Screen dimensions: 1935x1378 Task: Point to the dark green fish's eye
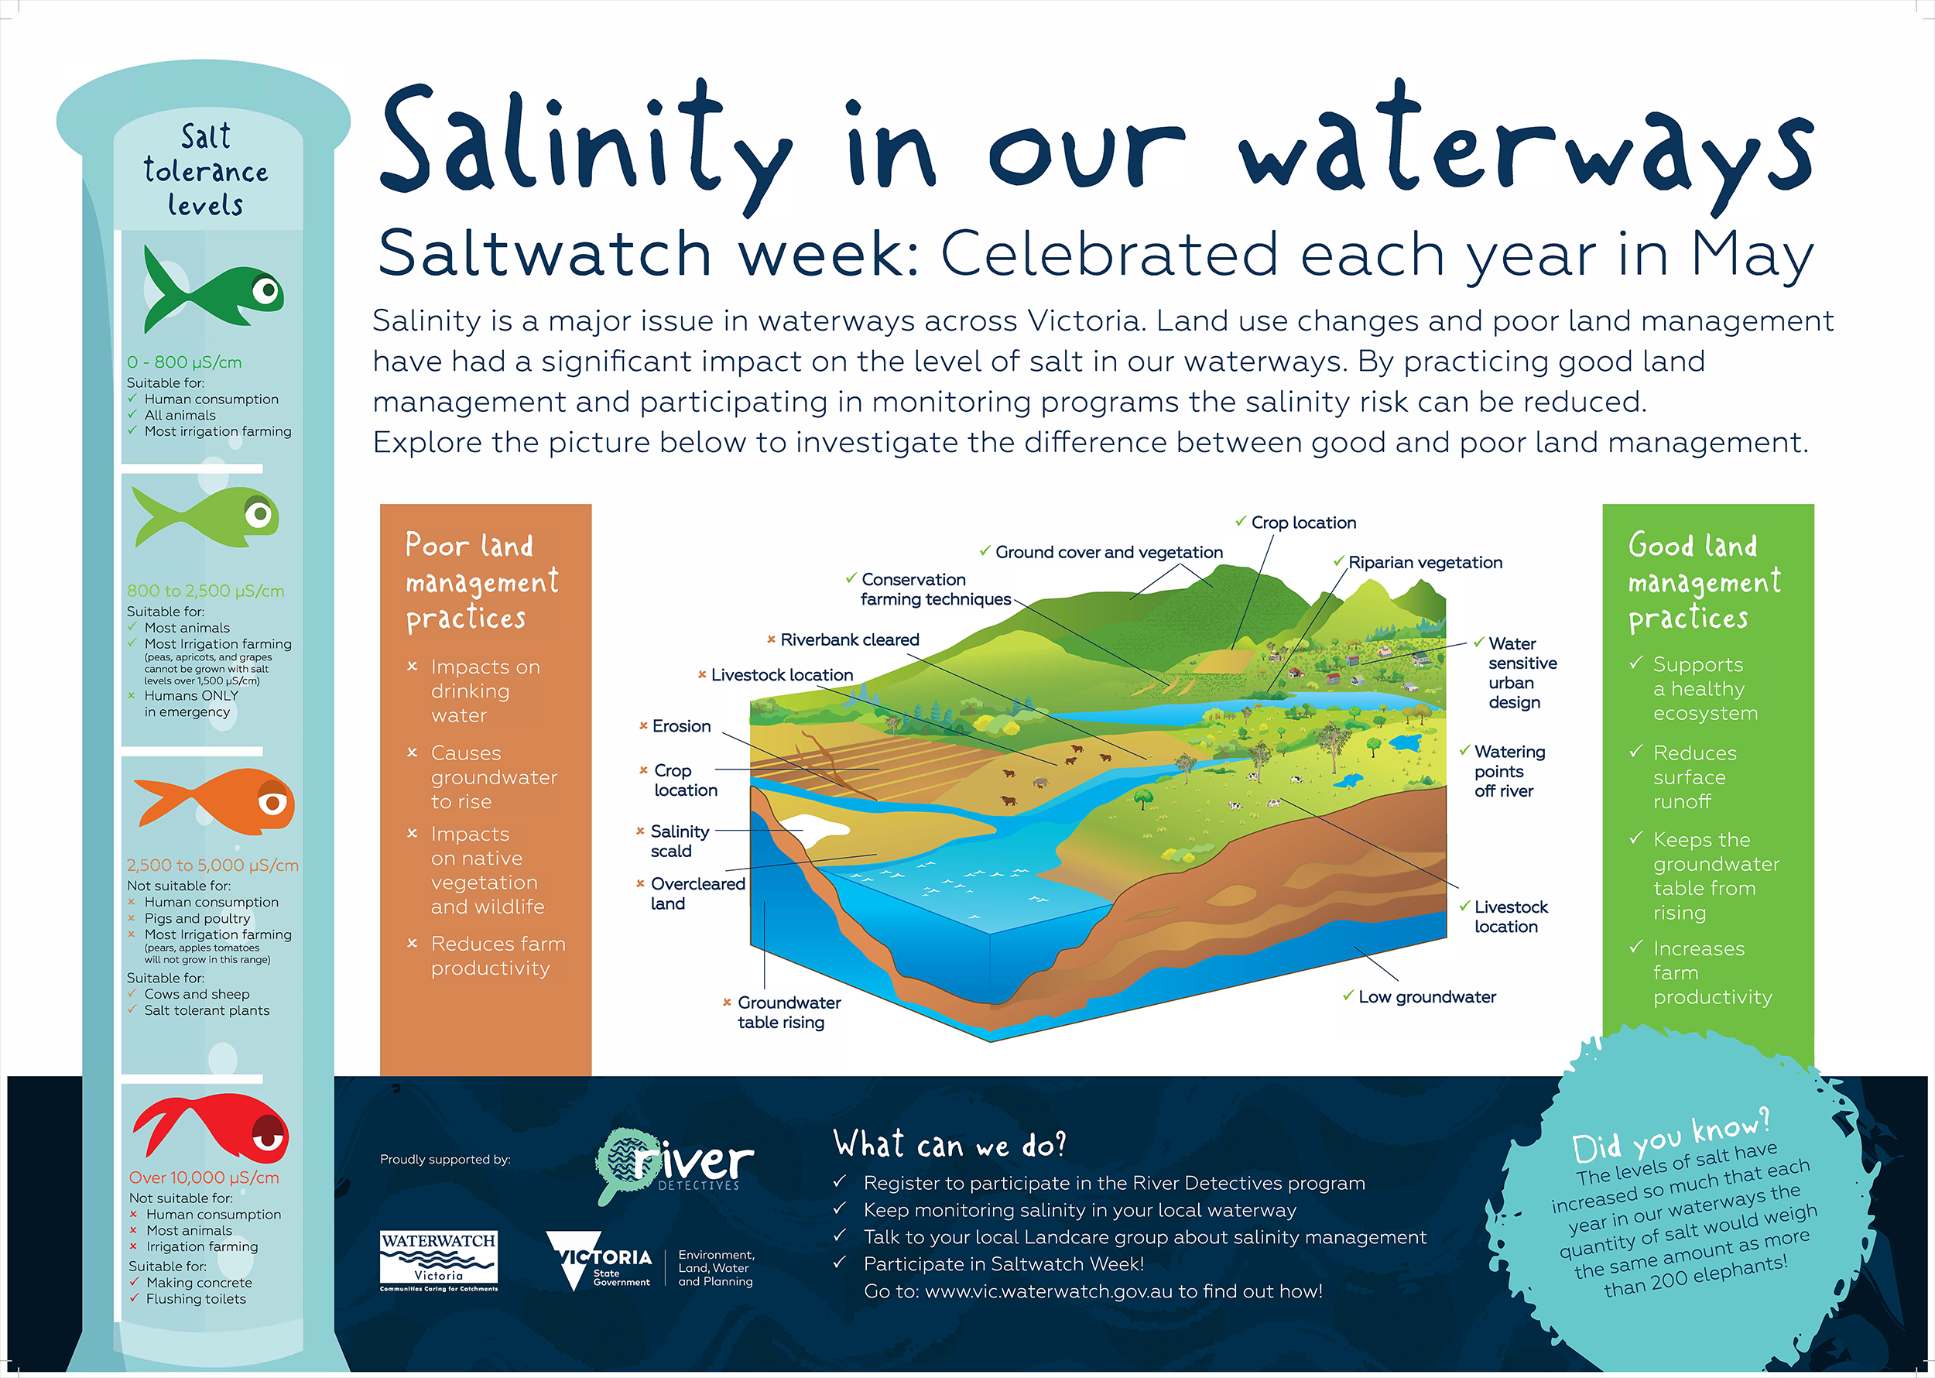coord(267,291)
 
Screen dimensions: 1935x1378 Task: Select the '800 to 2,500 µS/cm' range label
coord(205,591)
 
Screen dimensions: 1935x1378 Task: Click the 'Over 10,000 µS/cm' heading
coord(204,1177)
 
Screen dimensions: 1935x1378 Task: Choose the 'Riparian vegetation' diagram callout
coord(1425,563)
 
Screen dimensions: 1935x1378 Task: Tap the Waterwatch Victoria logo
coord(439,1261)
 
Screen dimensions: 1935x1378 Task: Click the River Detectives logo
coord(674,1164)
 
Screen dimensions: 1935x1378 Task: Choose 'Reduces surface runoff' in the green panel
coord(1695,777)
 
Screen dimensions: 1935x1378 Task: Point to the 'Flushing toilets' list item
coord(196,1299)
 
